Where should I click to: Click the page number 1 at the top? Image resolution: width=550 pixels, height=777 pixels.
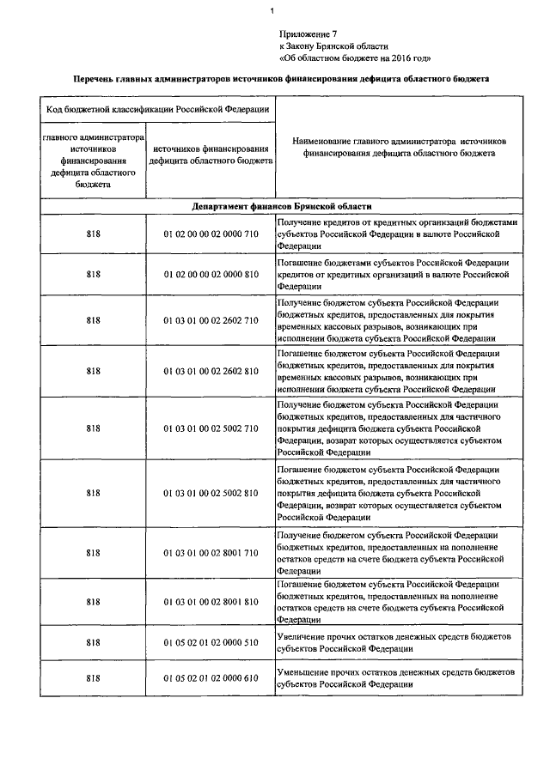272,10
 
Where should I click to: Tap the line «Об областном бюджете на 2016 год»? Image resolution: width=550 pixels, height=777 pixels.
355,58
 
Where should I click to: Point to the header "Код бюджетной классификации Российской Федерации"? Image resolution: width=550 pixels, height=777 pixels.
155,109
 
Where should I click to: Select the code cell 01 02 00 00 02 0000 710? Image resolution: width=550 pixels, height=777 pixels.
210,234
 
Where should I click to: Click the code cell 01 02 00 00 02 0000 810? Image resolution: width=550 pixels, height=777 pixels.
210,274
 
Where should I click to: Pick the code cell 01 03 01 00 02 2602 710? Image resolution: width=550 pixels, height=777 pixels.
210,321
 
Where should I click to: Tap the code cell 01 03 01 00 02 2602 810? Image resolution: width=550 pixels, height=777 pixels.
210,371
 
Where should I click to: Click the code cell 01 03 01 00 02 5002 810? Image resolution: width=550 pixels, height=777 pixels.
210,494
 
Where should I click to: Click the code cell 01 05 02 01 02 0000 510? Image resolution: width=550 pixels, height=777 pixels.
210,642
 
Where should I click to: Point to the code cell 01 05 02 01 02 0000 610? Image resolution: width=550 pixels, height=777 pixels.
210,678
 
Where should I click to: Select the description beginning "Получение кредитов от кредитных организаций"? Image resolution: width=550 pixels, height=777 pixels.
398,234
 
